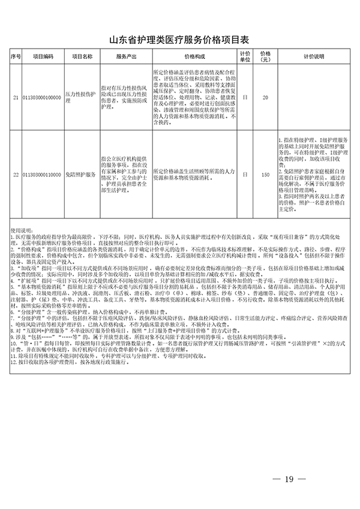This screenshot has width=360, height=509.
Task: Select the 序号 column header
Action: (x=16, y=56)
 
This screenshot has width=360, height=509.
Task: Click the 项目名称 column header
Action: (x=82, y=56)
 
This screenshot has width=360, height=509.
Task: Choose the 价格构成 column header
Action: (x=193, y=56)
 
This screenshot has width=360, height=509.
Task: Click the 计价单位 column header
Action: (x=245, y=56)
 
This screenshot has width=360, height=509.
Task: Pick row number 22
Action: (x=16, y=175)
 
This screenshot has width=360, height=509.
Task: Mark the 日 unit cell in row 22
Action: (x=245, y=175)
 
